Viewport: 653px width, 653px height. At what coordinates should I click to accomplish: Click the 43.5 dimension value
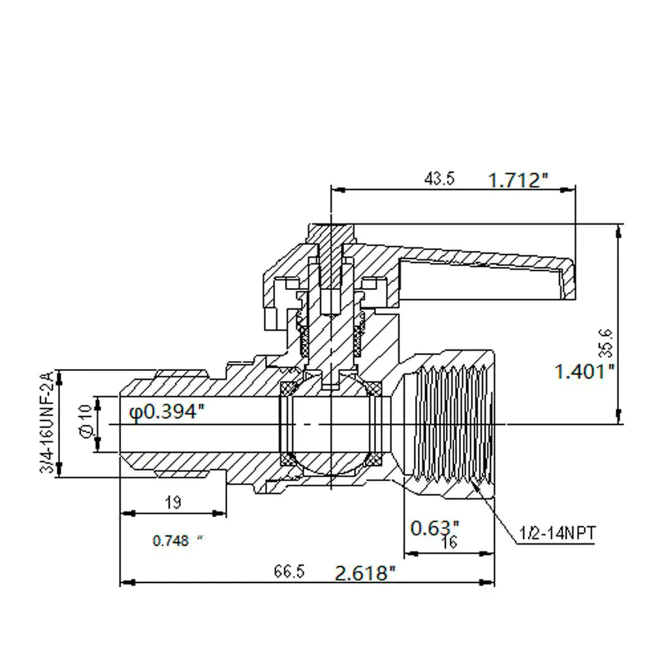tap(439, 179)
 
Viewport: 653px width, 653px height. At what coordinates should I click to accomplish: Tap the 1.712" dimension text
tap(518, 180)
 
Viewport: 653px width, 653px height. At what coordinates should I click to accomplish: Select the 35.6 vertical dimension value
tap(606, 343)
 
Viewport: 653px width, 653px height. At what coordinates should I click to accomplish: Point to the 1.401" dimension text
tap(584, 371)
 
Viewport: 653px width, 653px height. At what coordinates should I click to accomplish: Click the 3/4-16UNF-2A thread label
tap(47, 422)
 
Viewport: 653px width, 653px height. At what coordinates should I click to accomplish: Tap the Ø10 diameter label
tap(86, 421)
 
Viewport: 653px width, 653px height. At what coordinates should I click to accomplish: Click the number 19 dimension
tap(173, 502)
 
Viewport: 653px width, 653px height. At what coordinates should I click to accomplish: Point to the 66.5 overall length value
tap(289, 571)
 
